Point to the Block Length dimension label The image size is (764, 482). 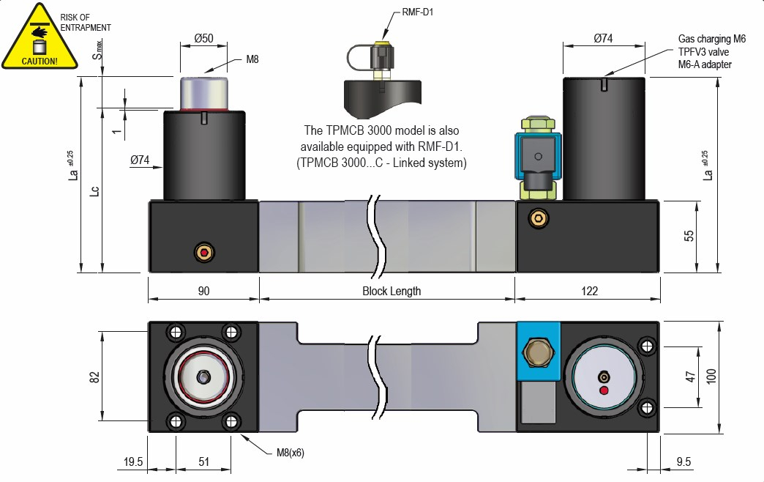tap(392, 291)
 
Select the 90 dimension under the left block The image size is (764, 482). tap(203, 291)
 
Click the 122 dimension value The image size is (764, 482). tap(589, 291)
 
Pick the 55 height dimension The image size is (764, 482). tap(687, 236)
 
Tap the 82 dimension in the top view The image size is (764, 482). tap(94, 377)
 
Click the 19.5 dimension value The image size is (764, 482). tap(133, 463)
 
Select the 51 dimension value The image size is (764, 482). tap(203, 463)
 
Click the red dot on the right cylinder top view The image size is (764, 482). tap(604, 390)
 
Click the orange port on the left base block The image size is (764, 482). tap(203, 253)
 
